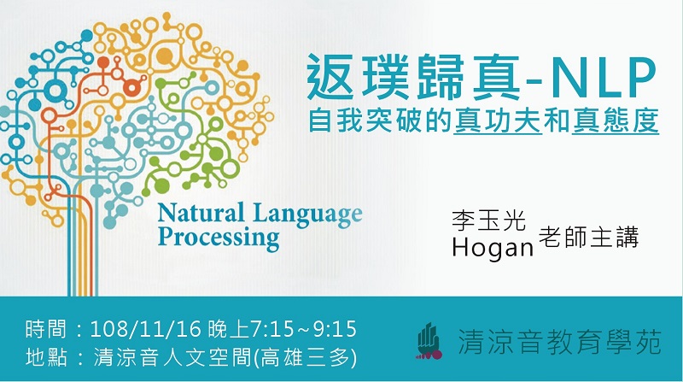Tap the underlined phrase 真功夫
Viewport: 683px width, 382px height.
(x=498, y=120)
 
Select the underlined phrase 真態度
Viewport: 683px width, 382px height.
(x=615, y=120)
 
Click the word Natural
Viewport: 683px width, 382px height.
(x=201, y=214)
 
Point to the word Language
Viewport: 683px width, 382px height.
(x=307, y=215)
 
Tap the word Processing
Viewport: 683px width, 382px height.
(x=219, y=238)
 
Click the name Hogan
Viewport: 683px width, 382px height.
(x=493, y=247)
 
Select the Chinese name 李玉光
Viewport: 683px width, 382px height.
(x=488, y=220)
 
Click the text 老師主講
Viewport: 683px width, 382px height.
(x=588, y=237)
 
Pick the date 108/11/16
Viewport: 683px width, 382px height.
(x=145, y=329)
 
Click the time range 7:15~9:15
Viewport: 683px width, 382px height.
(x=304, y=329)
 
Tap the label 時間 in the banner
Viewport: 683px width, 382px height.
(x=46, y=329)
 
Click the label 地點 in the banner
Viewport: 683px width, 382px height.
(x=46, y=357)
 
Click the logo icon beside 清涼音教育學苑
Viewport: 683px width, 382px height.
(x=429, y=341)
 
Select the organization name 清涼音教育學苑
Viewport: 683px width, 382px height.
(x=559, y=342)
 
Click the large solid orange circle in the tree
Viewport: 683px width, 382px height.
(x=165, y=56)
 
